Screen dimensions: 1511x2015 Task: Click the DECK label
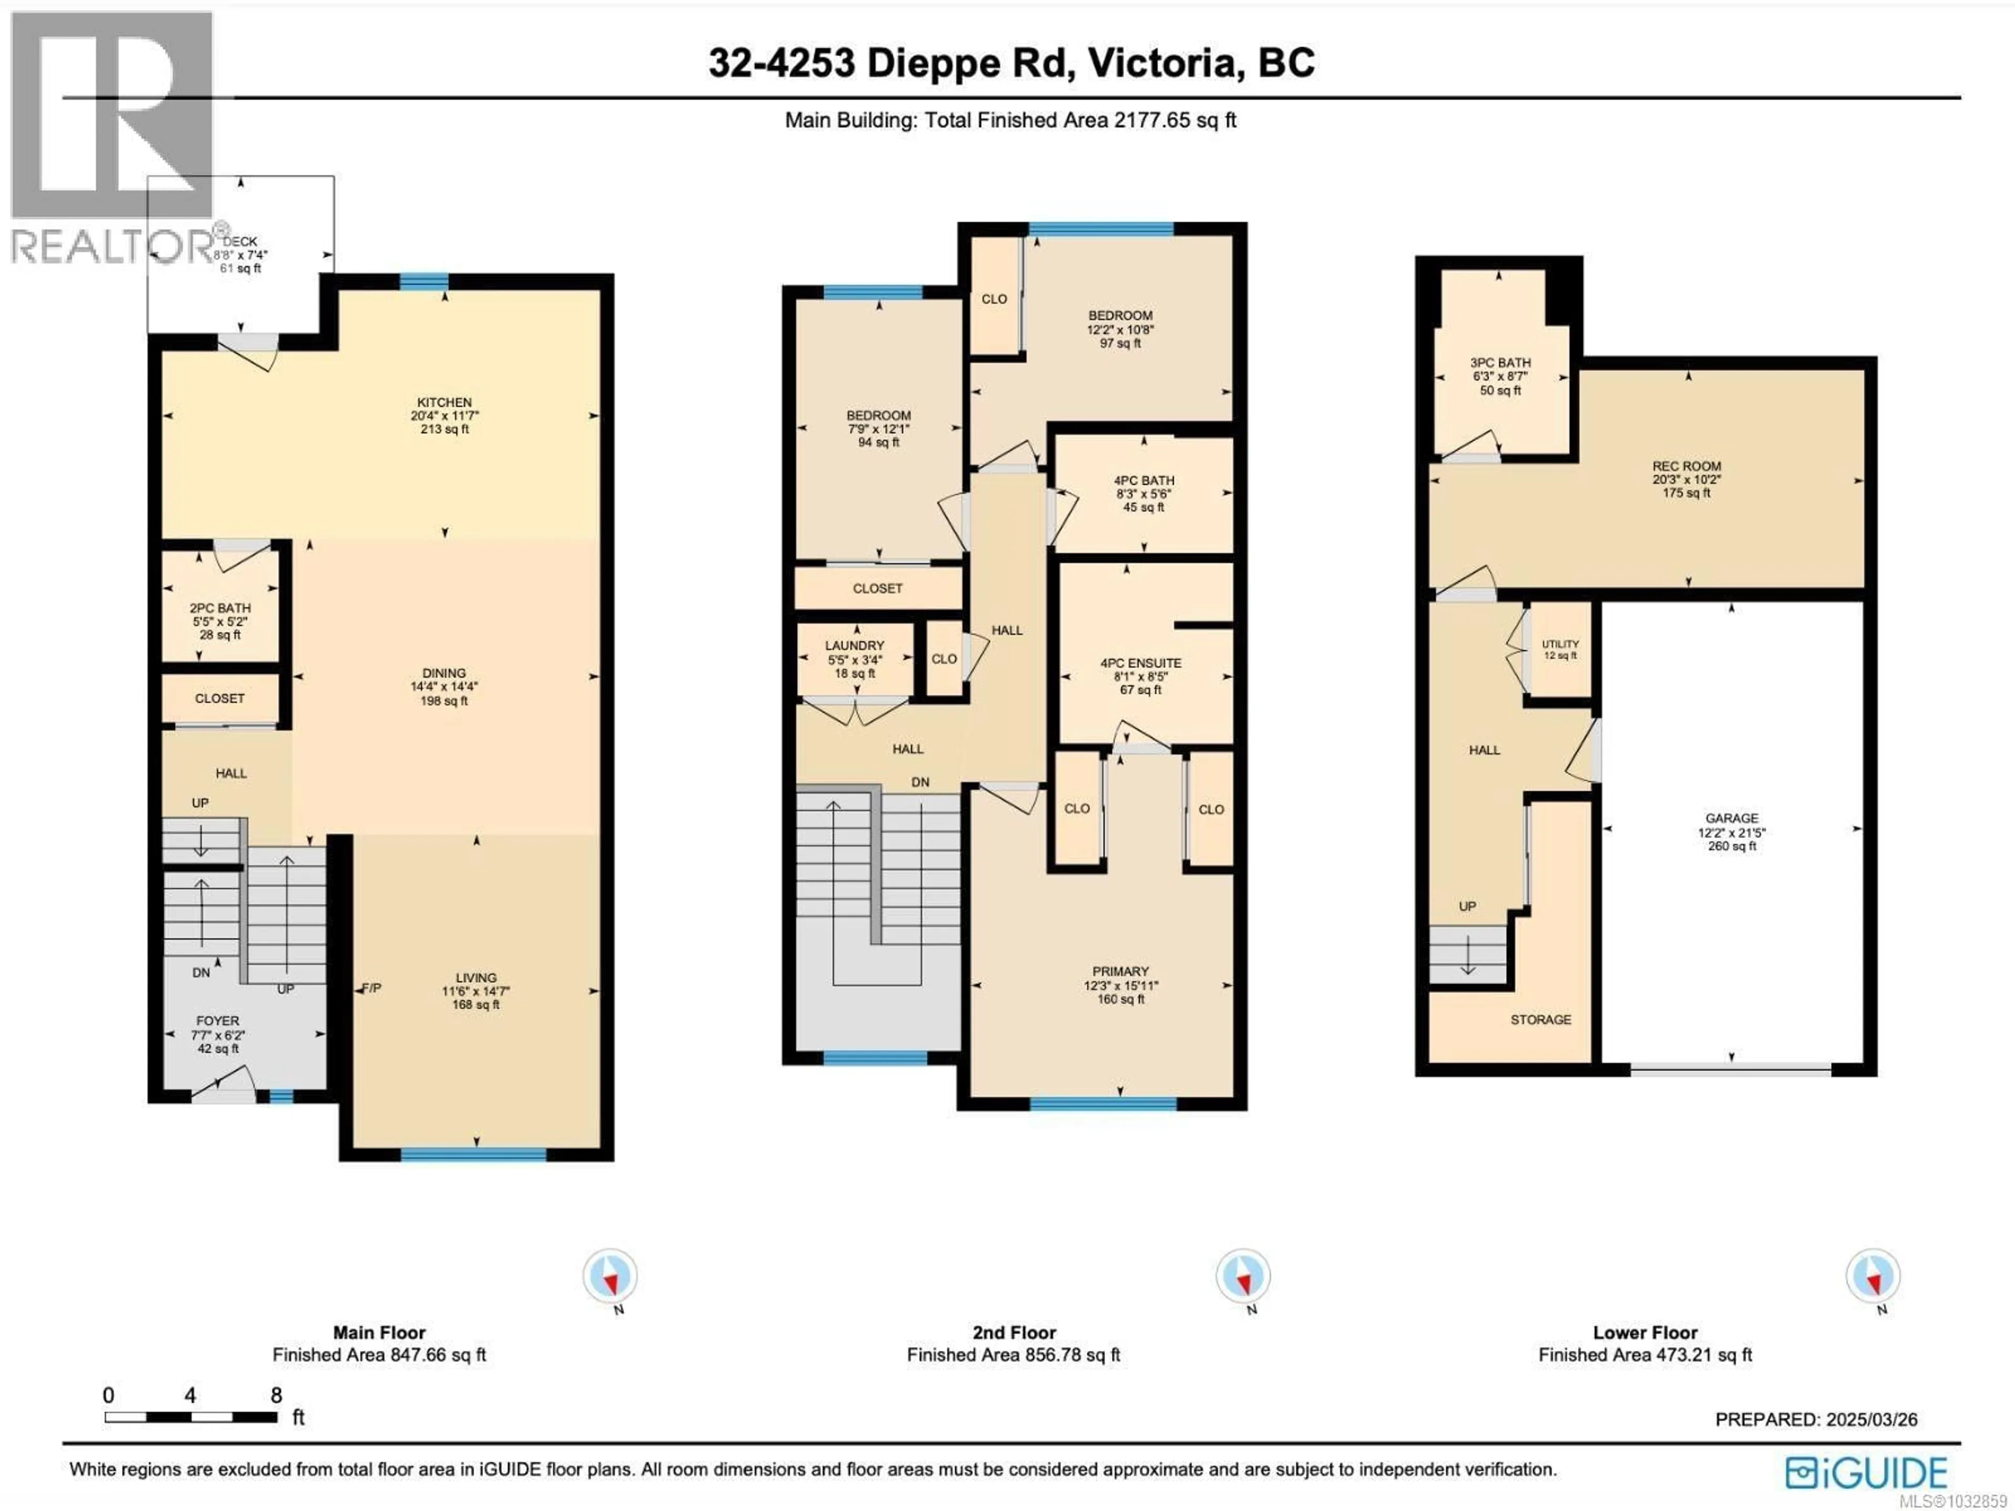click(x=240, y=241)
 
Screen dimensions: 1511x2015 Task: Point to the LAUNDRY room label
click(x=854, y=645)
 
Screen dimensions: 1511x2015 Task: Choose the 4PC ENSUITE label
click(x=1140, y=663)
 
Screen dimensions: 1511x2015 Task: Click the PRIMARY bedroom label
click(x=1120, y=971)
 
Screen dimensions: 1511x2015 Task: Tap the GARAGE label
click(x=1732, y=818)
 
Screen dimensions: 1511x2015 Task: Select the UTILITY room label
click(x=1561, y=644)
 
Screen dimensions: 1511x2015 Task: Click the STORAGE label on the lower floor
click(x=1541, y=1019)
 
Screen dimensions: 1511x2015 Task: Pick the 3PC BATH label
click(x=1500, y=363)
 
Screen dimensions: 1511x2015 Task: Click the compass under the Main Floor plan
click(x=610, y=1276)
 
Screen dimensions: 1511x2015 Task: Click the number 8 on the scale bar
click(x=276, y=1396)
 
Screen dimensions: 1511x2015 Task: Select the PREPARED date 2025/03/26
click(x=1871, y=1419)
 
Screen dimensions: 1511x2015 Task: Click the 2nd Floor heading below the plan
click(x=1014, y=1333)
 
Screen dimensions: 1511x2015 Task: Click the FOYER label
click(x=218, y=1021)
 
